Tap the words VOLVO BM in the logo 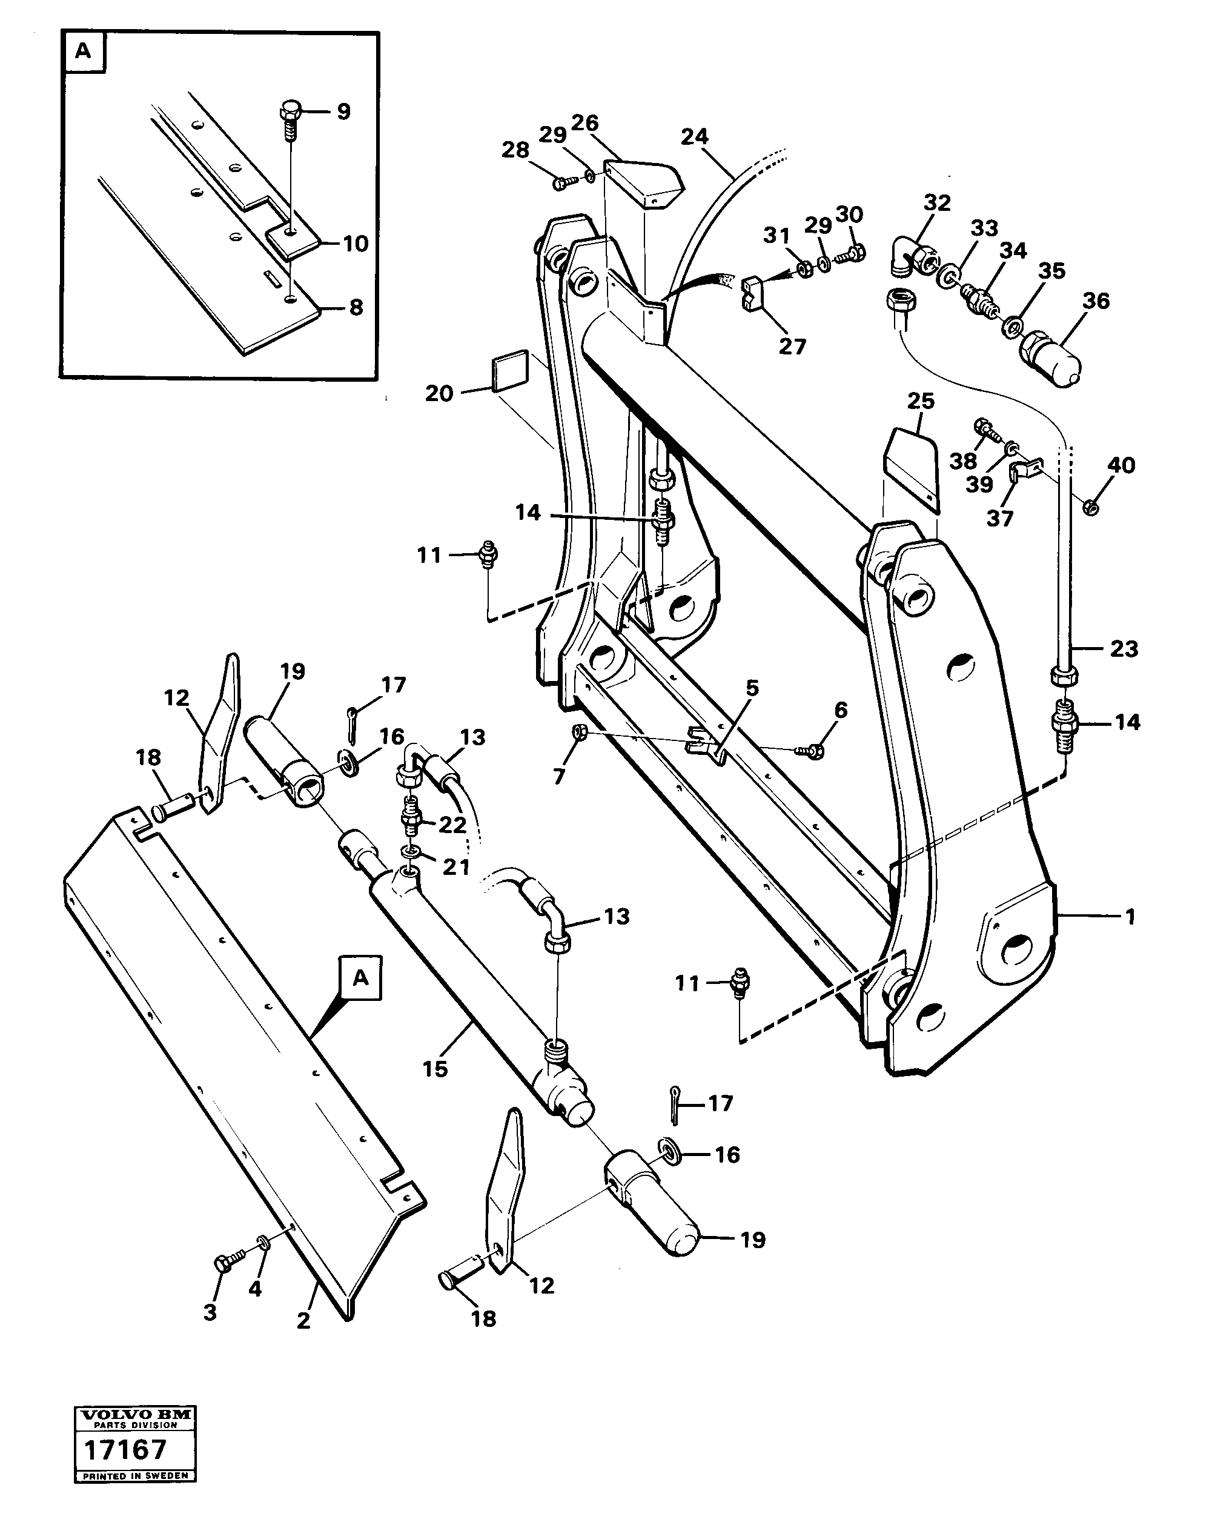point(135,1415)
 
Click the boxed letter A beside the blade point(360,978)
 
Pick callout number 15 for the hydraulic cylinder point(435,1068)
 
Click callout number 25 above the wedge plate point(920,400)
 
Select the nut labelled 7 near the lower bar point(578,731)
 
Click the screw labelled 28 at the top point(561,183)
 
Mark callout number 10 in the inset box point(355,244)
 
